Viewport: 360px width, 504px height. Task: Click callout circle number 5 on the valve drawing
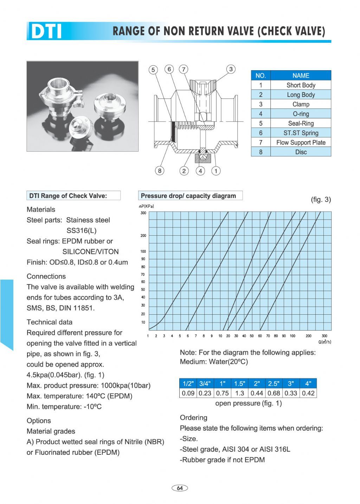click(x=153, y=70)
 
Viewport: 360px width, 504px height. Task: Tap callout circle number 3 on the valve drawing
click(x=231, y=69)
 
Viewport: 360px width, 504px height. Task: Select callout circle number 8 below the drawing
click(x=160, y=171)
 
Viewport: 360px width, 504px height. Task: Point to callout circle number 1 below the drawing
click(x=216, y=171)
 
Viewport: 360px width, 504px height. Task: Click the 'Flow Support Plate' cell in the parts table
click(x=301, y=142)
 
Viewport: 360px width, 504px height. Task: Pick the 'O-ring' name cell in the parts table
click(x=301, y=114)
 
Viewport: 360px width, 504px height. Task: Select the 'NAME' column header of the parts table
click(x=301, y=76)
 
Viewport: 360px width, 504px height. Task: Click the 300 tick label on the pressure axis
click(x=143, y=213)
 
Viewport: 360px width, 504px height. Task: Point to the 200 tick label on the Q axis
click(x=308, y=336)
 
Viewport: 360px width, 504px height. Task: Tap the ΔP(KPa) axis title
click(x=146, y=206)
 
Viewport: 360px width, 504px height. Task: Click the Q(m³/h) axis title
click(x=325, y=342)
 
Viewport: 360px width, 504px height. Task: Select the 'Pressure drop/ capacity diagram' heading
click(x=188, y=196)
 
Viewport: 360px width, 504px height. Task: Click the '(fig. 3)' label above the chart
click(x=321, y=199)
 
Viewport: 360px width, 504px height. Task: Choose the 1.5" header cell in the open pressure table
click(x=239, y=384)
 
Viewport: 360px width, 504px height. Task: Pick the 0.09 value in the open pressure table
click(x=188, y=393)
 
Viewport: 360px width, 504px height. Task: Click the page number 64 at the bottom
click(x=180, y=488)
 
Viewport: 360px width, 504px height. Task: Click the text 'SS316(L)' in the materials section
click(x=82, y=230)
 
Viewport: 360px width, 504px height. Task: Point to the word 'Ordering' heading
click(x=193, y=418)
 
